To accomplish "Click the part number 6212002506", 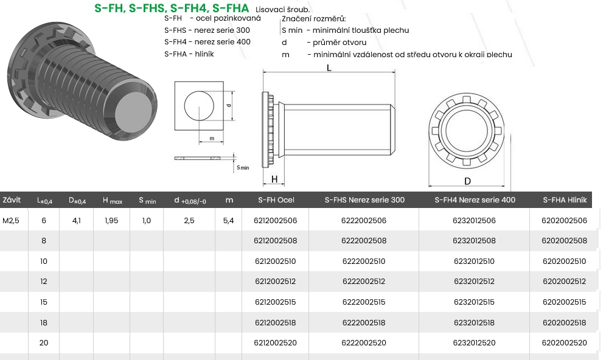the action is point(275,221).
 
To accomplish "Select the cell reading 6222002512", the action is point(364,281).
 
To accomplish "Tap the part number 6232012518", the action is point(474,322).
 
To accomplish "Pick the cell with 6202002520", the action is point(564,342).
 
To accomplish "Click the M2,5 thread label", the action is point(11,221).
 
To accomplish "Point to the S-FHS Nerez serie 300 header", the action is point(364,199).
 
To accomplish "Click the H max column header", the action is point(113,200).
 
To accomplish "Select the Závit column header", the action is point(12,199).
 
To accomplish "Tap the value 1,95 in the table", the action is point(111,221).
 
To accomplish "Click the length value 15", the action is point(44,302).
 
